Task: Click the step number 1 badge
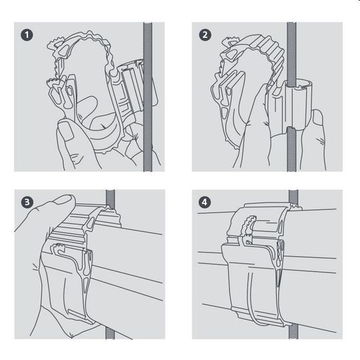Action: [27, 35]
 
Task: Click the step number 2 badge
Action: [205, 35]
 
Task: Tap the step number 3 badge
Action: [27, 202]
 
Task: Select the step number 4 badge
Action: [205, 202]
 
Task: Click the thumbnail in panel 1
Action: [66, 130]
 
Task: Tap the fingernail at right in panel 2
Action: [317, 117]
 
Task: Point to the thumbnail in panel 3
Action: [63, 199]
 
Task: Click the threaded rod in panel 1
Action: [147, 97]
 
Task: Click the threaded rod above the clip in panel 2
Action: [291, 52]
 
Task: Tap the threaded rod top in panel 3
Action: [111, 198]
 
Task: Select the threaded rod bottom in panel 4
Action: [293, 333]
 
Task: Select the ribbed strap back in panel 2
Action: [271, 53]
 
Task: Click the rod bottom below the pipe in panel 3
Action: [109, 333]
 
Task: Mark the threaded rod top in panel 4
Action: [293, 197]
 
